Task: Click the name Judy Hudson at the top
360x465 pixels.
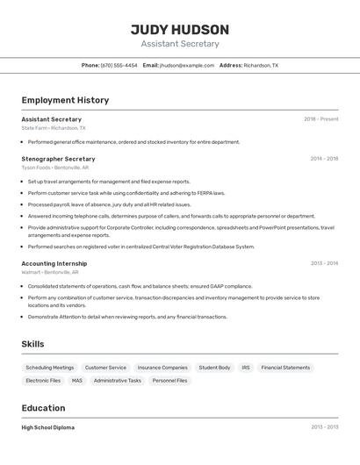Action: [180, 29]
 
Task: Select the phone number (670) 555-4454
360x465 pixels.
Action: [119, 65]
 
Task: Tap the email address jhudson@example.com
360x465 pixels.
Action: [186, 65]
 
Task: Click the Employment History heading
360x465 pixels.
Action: [65, 100]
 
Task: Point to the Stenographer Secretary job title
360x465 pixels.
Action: [58, 159]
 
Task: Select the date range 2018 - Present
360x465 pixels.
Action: [320, 119]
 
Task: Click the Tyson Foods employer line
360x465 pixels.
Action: [54, 167]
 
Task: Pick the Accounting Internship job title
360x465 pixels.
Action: [54, 263]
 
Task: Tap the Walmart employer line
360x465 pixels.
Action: [51, 272]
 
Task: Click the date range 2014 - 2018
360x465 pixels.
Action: [324, 159]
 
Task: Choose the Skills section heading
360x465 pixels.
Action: [32, 344]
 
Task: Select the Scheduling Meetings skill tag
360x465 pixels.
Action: [50, 368]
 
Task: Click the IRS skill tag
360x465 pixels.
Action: [246, 368]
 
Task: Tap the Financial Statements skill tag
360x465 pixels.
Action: [285, 368]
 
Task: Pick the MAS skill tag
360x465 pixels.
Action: [77, 381]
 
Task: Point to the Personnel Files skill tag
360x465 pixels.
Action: [169, 381]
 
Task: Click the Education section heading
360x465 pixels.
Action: [43, 408]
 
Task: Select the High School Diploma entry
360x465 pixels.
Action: [48, 427]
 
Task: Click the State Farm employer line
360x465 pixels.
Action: [54, 127]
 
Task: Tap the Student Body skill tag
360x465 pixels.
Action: [214, 368]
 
